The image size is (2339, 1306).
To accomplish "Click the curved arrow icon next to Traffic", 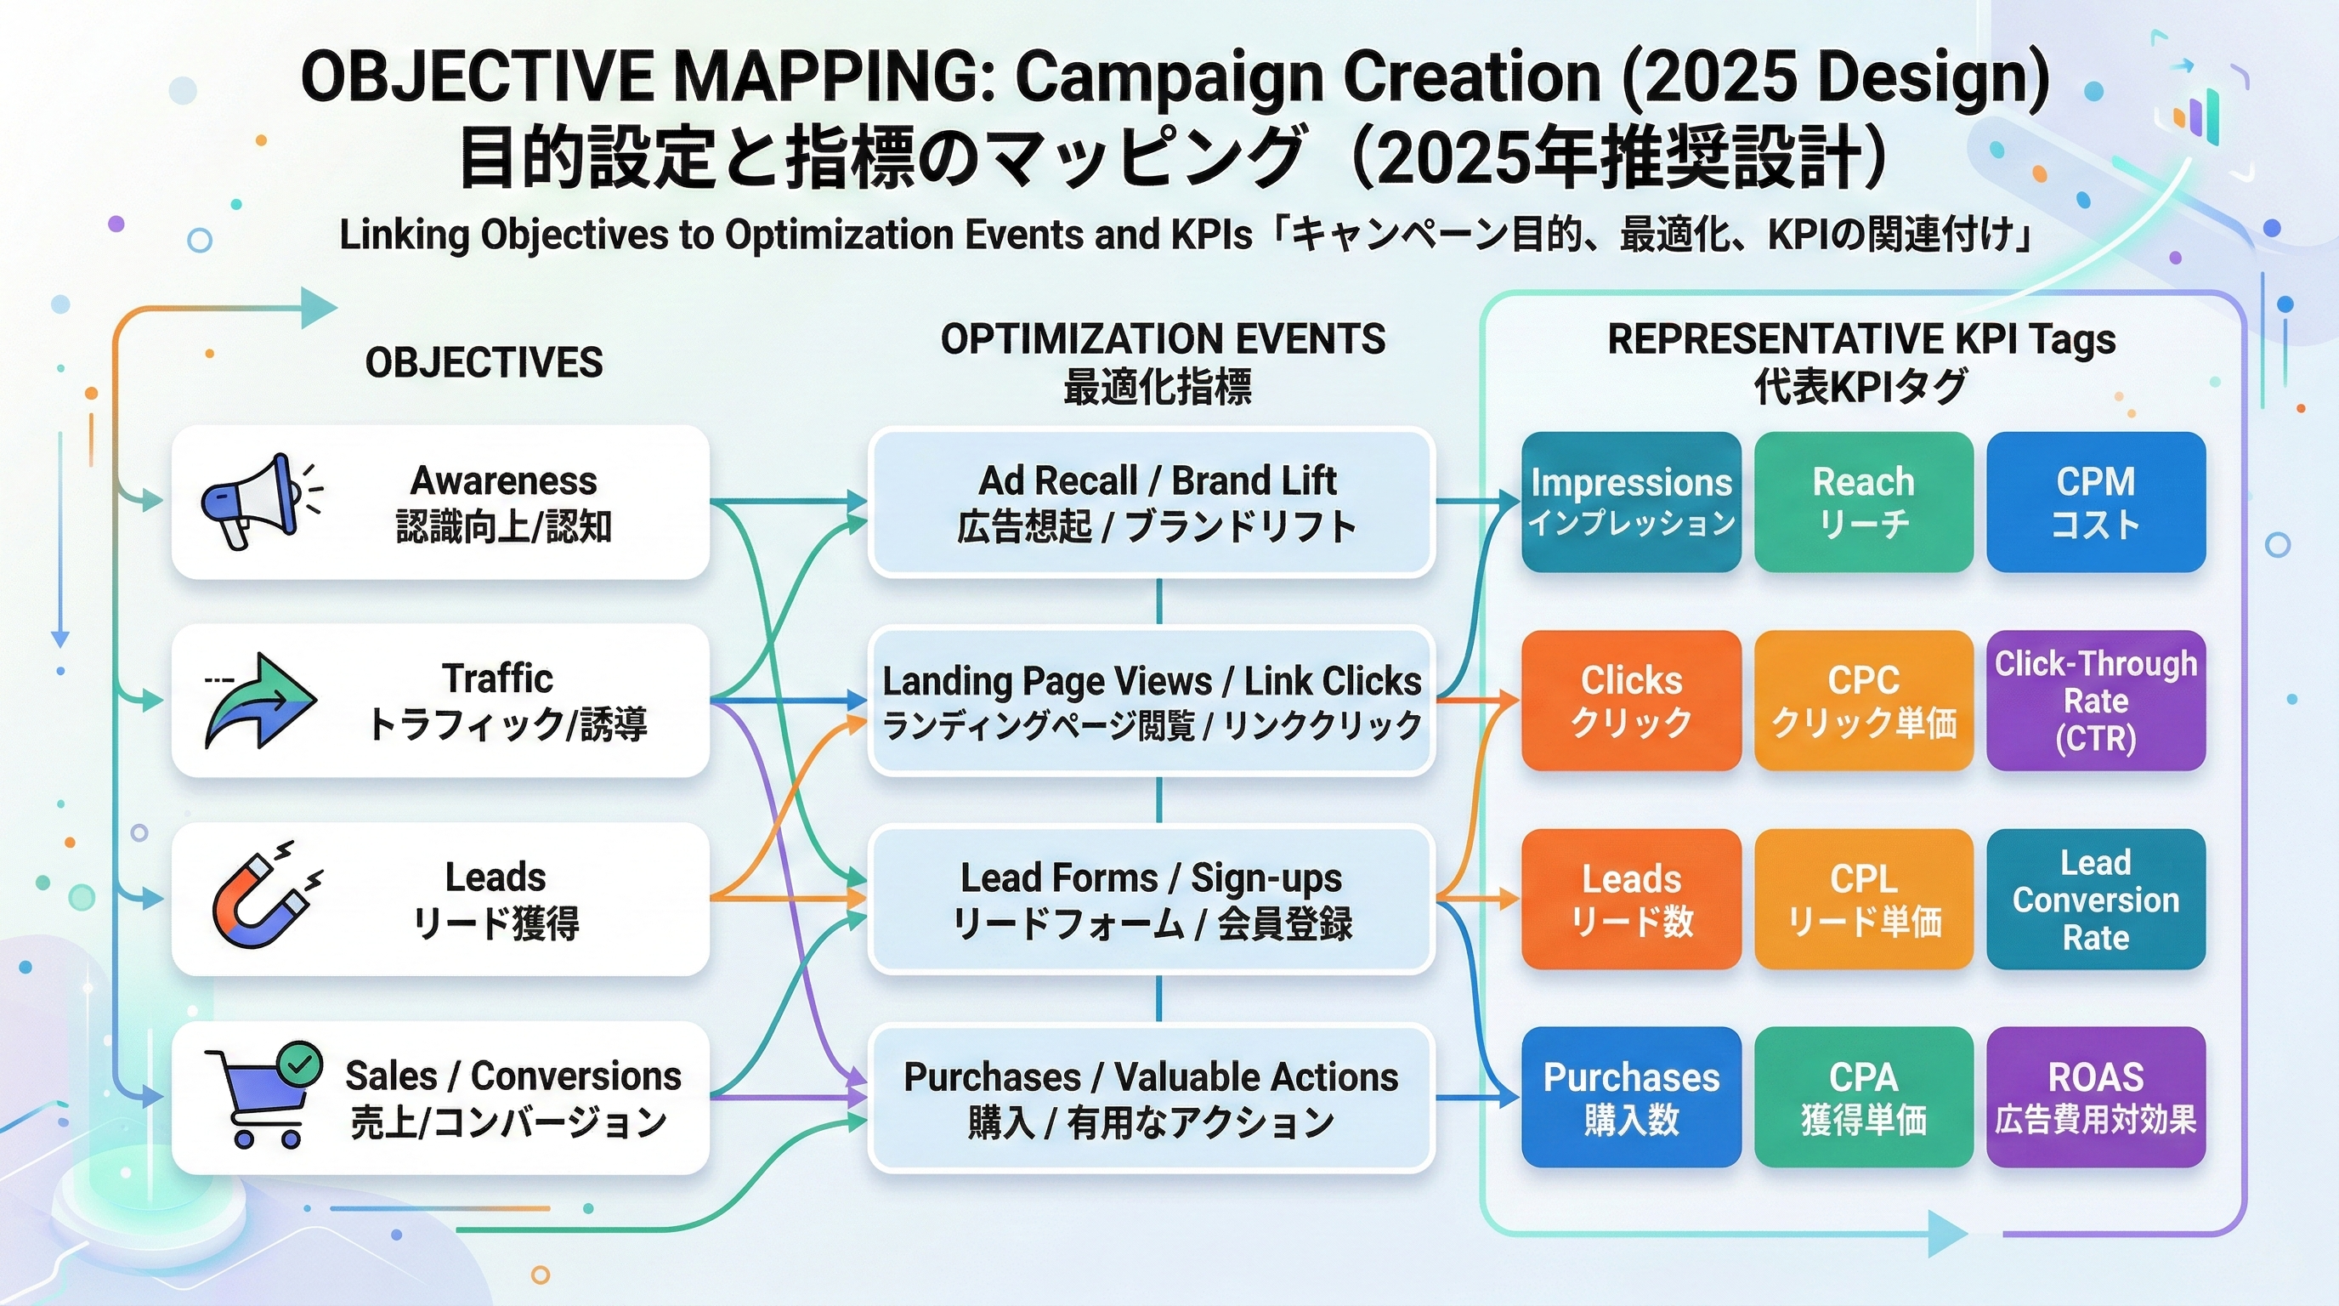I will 262,701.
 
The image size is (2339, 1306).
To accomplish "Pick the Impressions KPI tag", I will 1631,502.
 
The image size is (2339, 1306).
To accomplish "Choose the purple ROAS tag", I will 2095,1097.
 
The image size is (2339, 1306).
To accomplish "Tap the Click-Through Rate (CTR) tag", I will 2095,701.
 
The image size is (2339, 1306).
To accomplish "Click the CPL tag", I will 1863,898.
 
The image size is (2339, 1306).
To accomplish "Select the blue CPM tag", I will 2095,502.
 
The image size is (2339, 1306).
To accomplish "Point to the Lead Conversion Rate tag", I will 2095,898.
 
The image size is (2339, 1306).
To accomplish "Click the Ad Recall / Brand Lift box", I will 1152,503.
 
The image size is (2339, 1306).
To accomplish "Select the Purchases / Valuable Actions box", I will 1152,1098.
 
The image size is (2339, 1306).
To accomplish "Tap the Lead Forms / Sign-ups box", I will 1152,899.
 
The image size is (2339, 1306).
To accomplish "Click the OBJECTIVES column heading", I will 483,362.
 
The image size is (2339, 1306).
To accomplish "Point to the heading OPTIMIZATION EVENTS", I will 1162,338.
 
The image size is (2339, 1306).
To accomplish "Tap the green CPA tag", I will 1863,1097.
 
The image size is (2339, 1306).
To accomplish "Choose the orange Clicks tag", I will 1631,701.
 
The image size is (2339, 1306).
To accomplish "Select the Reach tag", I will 1863,502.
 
